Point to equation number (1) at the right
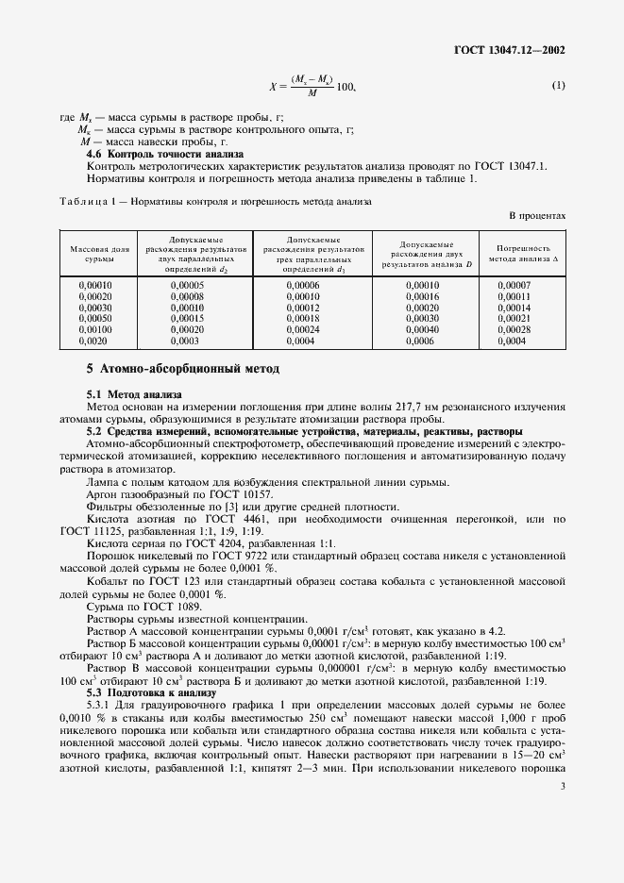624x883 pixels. [558, 86]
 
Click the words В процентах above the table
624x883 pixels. [537, 215]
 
